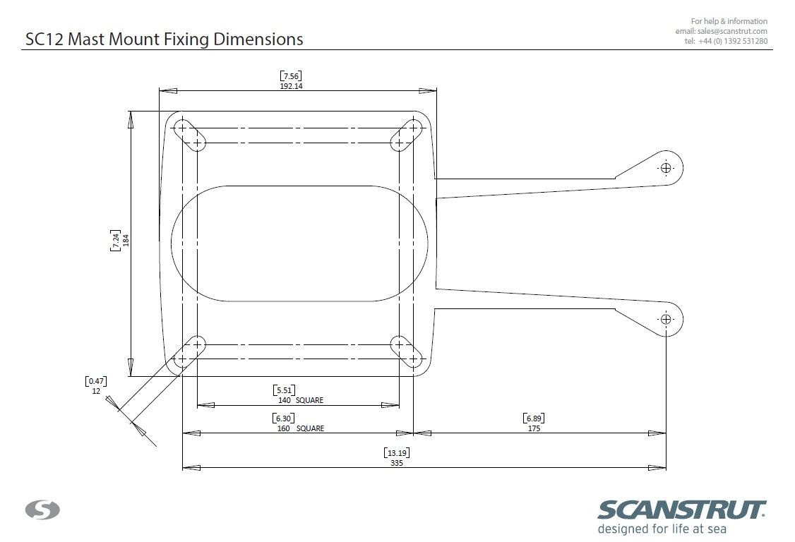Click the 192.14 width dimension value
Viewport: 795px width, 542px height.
click(x=291, y=86)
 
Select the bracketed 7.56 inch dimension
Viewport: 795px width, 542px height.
click(x=291, y=76)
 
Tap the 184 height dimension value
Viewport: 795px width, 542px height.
click(x=126, y=240)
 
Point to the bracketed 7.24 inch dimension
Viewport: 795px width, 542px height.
click(x=116, y=240)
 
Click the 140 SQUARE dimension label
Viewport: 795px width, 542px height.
click(x=301, y=400)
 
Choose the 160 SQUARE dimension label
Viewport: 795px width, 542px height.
click(x=301, y=428)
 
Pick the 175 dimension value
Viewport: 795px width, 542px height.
click(x=534, y=428)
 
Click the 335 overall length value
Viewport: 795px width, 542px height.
click(x=397, y=463)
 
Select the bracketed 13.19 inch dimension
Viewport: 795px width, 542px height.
click(x=397, y=453)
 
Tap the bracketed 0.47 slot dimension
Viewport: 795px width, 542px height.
click(x=96, y=381)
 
